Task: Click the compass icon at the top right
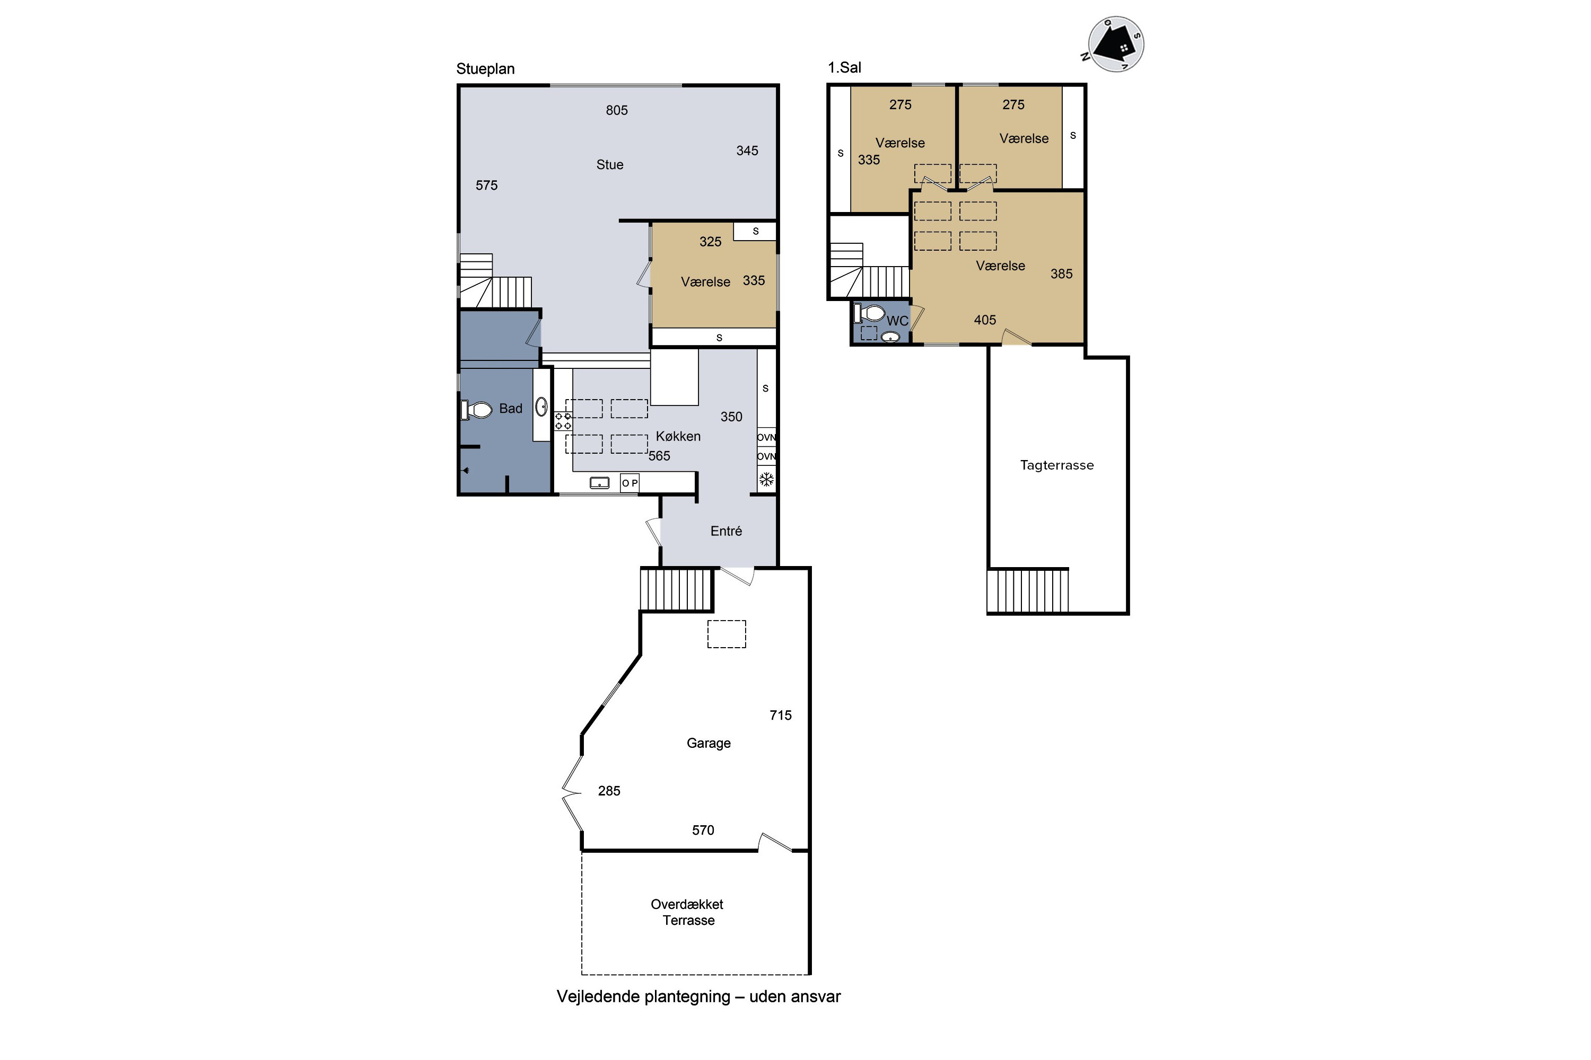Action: click(1115, 44)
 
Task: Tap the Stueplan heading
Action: click(485, 69)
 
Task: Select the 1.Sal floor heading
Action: click(844, 68)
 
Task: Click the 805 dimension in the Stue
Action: click(616, 110)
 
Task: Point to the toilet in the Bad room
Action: click(476, 410)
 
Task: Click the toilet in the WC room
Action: click(869, 313)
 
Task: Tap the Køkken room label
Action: click(678, 437)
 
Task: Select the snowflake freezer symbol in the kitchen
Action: click(766, 480)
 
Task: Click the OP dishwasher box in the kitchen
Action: click(629, 483)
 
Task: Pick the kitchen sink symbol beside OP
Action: click(599, 483)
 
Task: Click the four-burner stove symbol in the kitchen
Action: click(563, 421)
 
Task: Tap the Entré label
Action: click(726, 532)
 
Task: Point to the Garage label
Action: click(708, 743)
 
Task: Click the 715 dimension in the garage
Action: click(780, 715)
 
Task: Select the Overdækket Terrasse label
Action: click(687, 912)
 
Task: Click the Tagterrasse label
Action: click(1056, 465)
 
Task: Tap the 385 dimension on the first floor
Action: click(1061, 274)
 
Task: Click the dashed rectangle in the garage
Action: click(727, 634)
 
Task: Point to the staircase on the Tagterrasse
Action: click(1028, 590)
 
